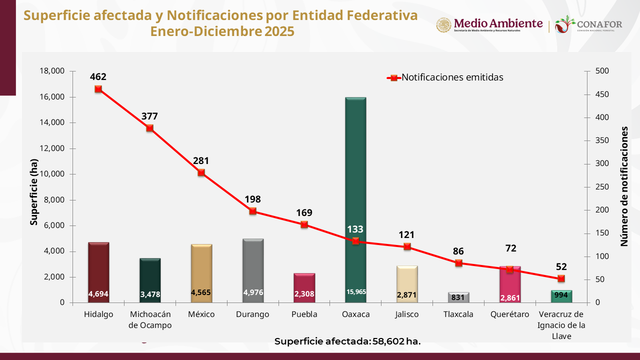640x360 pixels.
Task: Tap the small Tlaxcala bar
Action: [458, 297]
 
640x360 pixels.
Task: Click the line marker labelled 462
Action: [98, 89]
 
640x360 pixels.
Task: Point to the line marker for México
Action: [201, 172]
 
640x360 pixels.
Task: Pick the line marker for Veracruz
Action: [561, 278]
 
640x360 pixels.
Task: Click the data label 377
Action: [149, 116]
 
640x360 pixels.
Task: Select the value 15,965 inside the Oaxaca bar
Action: [355, 291]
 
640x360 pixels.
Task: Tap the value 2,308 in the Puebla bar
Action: [304, 294]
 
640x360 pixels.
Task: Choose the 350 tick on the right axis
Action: [602, 140]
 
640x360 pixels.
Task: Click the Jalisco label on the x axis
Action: [407, 314]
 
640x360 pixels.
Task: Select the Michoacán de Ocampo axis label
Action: [150, 319]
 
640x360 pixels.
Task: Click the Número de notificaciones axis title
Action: [624, 186]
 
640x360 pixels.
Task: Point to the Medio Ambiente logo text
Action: [498, 23]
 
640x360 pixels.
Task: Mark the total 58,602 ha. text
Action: [347, 341]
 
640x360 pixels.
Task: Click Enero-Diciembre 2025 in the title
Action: [222, 31]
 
